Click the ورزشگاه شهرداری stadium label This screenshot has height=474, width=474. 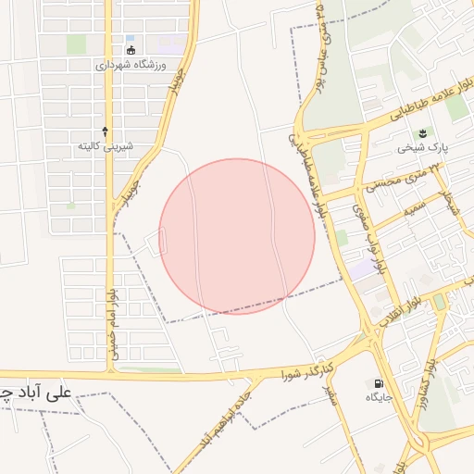(130, 66)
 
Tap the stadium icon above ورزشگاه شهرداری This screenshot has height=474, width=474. (131, 50)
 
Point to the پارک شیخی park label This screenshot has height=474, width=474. (414, 147)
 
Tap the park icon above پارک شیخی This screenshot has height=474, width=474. (424, 132)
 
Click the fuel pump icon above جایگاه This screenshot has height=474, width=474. (379, 383)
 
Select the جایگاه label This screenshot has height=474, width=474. (380, 397)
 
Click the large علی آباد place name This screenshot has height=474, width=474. (37, 392)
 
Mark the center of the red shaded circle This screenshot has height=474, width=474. (237, 236)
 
